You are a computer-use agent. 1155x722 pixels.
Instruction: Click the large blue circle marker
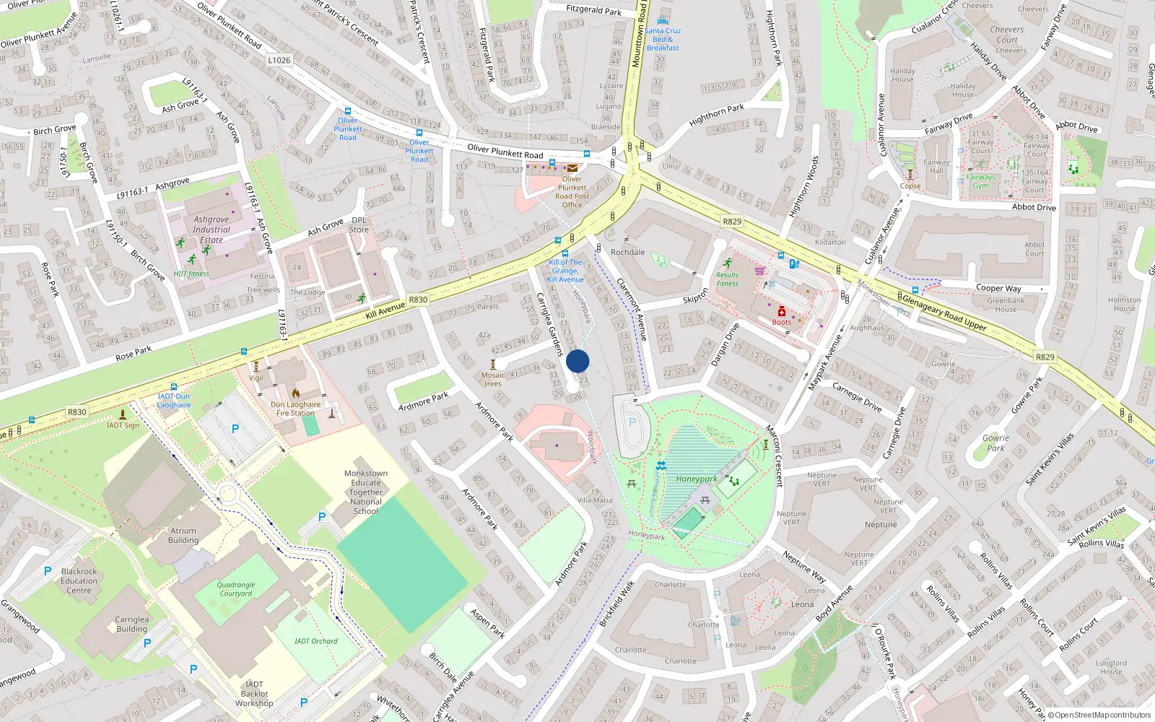(577, 361)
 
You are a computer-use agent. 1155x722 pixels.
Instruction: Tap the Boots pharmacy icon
(781, 312)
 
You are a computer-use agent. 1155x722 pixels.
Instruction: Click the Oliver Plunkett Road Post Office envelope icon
(572, 168)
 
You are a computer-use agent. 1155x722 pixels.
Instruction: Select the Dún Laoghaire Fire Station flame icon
(296, 394)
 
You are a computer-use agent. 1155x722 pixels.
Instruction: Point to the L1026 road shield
(279, 60)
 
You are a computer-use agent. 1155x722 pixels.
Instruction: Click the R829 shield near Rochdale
(732, 222)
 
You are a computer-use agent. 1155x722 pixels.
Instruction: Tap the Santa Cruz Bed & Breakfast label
(663, 39)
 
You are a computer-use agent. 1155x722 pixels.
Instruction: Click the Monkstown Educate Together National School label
(366, 492)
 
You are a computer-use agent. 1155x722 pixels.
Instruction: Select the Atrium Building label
(183, 535)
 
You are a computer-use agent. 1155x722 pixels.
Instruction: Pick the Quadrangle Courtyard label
(236, 589)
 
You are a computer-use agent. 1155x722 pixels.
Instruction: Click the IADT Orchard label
(315, 640)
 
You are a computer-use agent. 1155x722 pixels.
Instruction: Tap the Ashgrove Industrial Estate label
(211, 230)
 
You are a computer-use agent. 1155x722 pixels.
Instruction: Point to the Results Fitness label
(727, 279)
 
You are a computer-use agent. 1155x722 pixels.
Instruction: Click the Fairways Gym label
(980, 181)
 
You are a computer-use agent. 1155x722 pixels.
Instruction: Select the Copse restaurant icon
(910, 175)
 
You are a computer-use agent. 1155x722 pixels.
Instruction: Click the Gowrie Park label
(995, 443)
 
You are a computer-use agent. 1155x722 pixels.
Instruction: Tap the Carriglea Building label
(131, 624)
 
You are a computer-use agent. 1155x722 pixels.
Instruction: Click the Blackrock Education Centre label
(79, 580)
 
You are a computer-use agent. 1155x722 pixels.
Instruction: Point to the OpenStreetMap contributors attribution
(1100, 715)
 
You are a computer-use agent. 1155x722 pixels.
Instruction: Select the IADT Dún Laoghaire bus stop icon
(173, 387)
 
